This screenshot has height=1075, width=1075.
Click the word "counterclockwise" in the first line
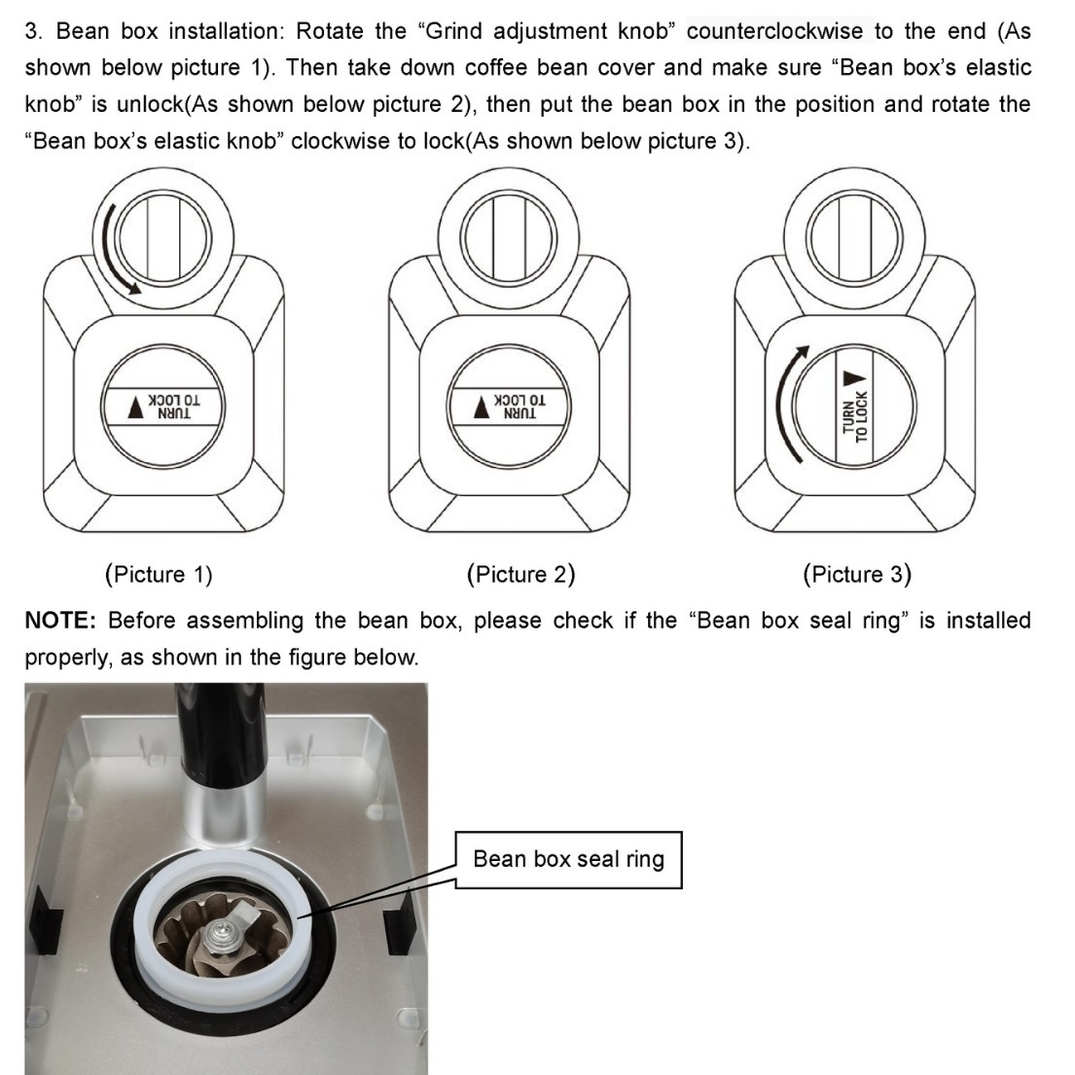774,31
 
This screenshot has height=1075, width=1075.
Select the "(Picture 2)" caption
520,574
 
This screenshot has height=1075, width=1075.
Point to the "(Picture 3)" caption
857,574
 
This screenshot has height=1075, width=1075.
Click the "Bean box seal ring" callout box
568,859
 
